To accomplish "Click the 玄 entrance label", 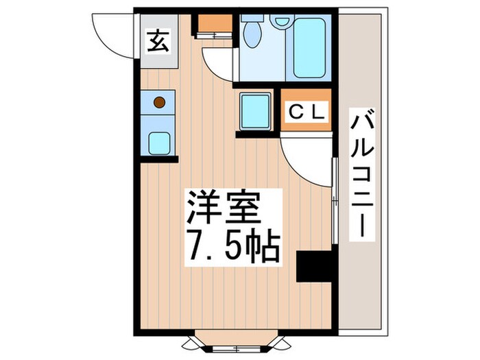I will coord(156,43).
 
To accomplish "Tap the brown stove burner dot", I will coord(159,103).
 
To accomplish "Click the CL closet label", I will coord(306,110).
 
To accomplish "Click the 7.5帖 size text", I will coord(232,245).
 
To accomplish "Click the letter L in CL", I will coord(318,110).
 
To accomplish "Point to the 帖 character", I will coord(264,245).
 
